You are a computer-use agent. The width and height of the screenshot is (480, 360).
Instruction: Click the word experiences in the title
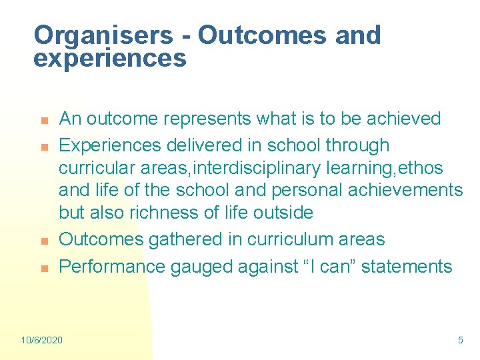click(x=109, y=59)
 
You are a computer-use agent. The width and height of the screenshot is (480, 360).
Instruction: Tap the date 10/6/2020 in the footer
click(x=42, y=340)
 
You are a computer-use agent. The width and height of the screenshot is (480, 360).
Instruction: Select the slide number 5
click(x=460, y=340)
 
